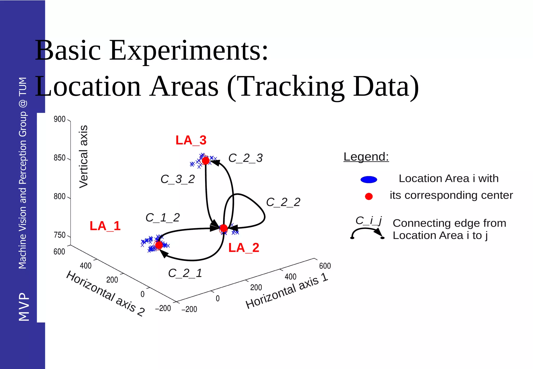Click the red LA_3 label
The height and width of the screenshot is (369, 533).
[191, 140]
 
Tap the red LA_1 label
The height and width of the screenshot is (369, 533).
[105, 226]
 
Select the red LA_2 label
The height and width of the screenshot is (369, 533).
[244, 247]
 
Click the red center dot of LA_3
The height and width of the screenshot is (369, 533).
[206, 161]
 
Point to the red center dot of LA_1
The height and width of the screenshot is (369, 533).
[159, 245]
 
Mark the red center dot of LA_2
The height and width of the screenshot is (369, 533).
[224, 228]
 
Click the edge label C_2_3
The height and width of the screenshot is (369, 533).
[245, 158]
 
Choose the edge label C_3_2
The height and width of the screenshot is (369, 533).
[177, 179]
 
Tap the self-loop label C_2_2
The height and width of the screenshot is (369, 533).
[283, 202]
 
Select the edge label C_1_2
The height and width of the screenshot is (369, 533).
[162, 218]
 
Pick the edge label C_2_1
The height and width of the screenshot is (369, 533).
[185, 273]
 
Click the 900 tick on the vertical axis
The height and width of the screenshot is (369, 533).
[59, 119]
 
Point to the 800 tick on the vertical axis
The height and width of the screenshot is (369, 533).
[59, 196]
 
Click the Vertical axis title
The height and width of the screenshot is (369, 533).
[84, 156]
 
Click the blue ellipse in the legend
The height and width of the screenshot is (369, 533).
[369, 180]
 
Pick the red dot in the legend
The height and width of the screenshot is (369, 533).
[369, 196]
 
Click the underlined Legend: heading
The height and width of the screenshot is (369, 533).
[366, 157]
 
